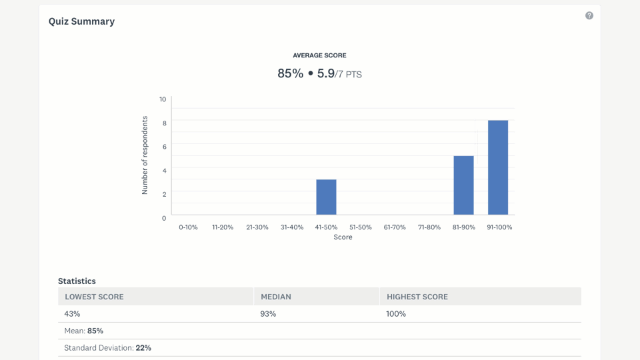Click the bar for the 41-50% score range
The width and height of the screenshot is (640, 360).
click(x=326, y=197)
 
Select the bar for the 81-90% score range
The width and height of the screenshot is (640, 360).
click(x=463, y=185)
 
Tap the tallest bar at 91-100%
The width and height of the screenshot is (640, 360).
click(x=498, y=167)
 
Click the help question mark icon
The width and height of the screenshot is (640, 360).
click(x=589, y=15)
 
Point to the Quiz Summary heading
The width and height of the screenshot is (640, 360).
click(x=81, y=21)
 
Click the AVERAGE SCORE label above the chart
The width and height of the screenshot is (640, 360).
click(x=319, y=55)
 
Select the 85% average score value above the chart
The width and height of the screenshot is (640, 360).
click(x=290, y=73)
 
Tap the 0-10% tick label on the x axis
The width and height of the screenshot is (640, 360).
click(x=188, y=227)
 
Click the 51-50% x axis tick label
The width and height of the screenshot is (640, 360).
click(x=360, y=227)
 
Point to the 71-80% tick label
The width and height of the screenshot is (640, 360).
click(x=429, y=227)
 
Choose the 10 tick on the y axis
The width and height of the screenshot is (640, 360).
click(x=163, y=99)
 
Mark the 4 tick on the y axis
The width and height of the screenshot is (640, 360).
click(x=164, y=171)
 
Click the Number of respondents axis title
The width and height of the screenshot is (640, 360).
click(x=145, y=155)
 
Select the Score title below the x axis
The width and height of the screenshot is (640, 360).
click(x=343, y=237)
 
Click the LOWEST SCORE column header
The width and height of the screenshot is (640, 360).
click(x=94, y=297)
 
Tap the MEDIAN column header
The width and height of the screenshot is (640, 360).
click(x=276, y=297)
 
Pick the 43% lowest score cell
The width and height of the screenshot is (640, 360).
click(x=72, y=313)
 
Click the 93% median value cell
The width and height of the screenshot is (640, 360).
click(x=268, y=313)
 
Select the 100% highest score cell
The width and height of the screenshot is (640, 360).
click(x=396, y=313)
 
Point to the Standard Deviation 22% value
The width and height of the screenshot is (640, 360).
click(x=143, y=348)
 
